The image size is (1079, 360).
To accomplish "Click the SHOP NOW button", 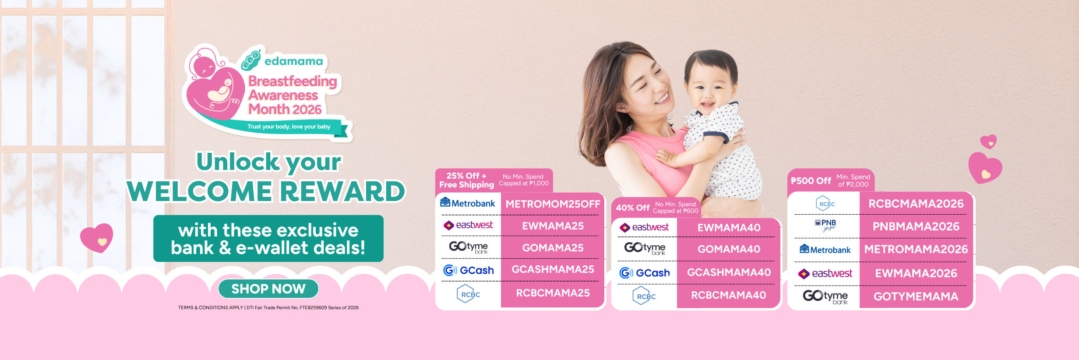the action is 268,289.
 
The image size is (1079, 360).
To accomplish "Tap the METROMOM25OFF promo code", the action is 553,204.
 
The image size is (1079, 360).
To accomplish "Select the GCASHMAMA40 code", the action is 729,272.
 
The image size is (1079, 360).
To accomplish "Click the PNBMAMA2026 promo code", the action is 916,226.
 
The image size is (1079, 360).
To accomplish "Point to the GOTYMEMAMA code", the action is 916,296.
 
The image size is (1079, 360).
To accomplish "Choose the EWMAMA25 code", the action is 553,226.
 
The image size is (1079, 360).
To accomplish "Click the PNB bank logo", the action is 825,225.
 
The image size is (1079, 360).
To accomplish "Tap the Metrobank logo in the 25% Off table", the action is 467,203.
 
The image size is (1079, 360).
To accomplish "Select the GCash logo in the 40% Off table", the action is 644,273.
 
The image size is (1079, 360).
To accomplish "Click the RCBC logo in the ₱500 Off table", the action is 825,204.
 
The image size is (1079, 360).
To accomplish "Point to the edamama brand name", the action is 293,61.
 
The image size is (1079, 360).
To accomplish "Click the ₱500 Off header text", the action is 811,181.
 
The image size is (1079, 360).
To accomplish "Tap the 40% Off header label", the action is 632,208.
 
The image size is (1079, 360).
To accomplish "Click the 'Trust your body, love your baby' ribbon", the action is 289,127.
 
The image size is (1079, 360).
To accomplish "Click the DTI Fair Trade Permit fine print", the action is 302,308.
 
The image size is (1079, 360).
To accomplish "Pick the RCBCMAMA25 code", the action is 553,293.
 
